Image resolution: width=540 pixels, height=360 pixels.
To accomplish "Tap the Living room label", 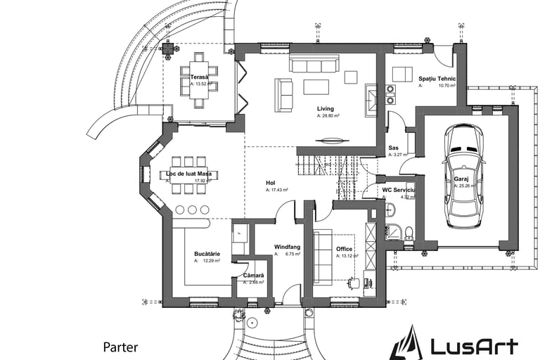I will tap(325, 109).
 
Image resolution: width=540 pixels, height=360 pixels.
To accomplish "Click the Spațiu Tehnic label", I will tap(437, 79).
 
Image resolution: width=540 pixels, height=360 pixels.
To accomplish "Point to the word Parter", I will tap(120, 347).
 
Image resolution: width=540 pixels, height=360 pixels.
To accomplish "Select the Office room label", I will tap(344, 249).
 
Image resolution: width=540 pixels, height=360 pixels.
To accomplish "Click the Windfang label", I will tap(288, 246).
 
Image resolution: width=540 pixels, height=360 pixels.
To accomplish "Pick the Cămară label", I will tap(253, 275).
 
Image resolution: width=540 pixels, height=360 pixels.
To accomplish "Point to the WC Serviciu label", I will tap(399, 191).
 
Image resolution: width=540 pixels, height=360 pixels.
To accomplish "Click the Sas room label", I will tap(394, 148).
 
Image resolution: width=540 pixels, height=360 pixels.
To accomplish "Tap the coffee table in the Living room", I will tap(316, 86).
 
